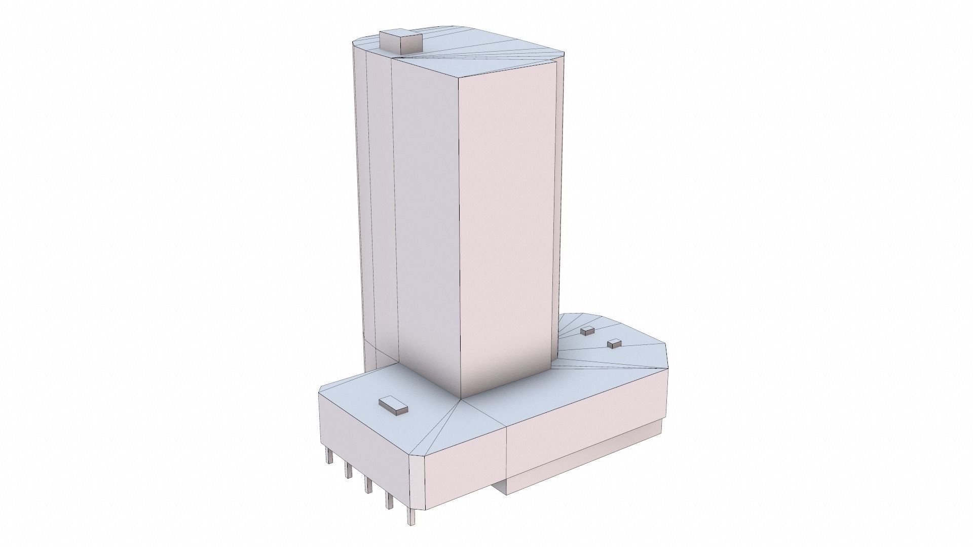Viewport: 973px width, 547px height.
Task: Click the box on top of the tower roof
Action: pos(400,42)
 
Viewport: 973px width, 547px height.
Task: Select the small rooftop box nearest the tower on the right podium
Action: pos(587,331)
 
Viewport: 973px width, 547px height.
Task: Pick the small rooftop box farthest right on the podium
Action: pos(614,343)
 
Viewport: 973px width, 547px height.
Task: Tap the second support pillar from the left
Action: pos(349,469)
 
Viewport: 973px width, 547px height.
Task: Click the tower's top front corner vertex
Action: pos(459,77)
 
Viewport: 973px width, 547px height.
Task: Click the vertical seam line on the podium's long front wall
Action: pos(507,456)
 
